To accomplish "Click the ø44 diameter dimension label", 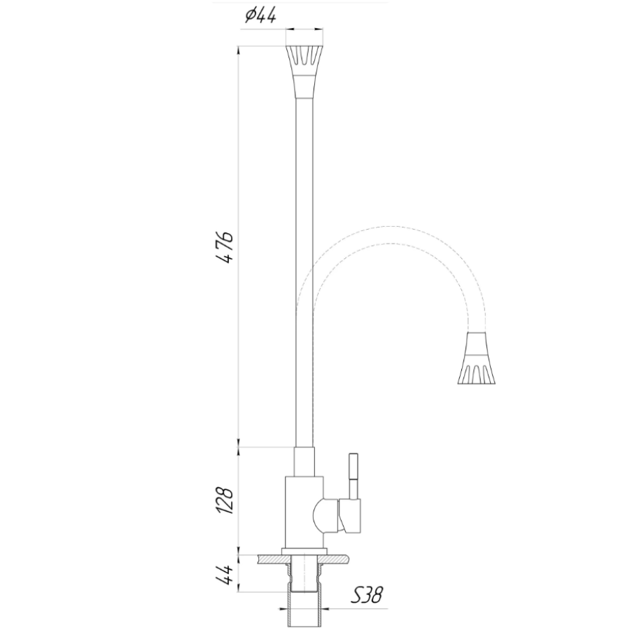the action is click(x=260, y=16).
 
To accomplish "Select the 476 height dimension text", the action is click(x=225, y=247).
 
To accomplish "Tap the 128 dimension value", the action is click(x=225, y=501).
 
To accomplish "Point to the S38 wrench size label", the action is click(x=366, y=594).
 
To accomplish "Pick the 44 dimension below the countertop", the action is click(x=225, y=575).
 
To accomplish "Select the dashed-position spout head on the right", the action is click(x=477, y=358).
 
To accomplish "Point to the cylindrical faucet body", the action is click(x=304, y=512).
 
